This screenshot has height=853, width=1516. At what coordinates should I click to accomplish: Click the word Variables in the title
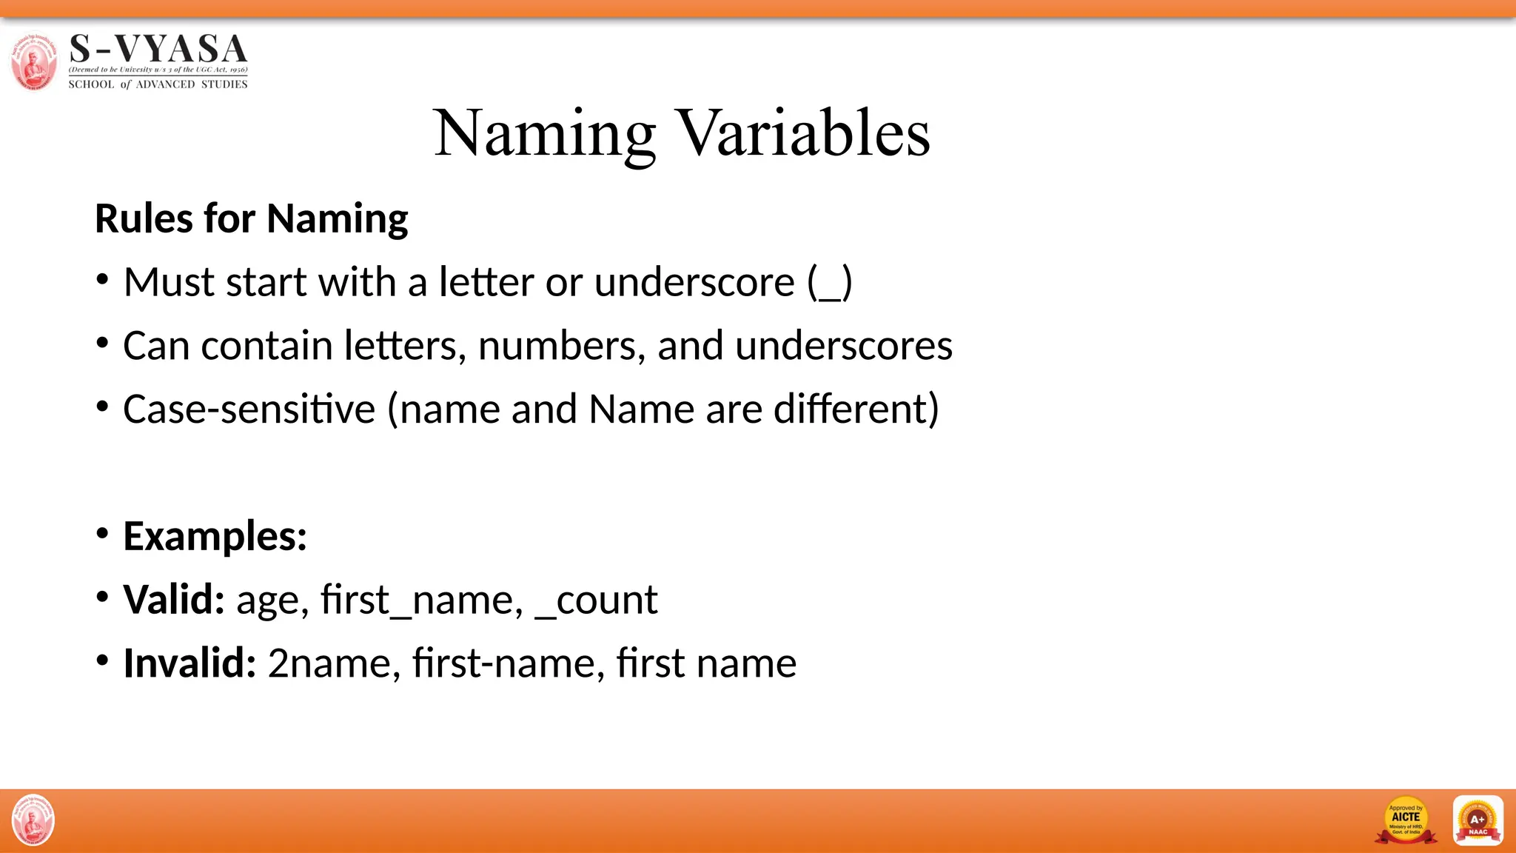click(804, 133)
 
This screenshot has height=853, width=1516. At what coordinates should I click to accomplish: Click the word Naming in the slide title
click(544, 133)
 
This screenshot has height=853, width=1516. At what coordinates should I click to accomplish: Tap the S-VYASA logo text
click(158, 50)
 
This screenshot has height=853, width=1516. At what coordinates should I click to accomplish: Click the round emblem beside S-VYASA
click(33, 61)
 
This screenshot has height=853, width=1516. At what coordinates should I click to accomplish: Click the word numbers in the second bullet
click(562, 346)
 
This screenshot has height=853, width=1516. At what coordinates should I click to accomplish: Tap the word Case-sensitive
click(249, 409)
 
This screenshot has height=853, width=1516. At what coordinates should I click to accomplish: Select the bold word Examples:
click(215, 536)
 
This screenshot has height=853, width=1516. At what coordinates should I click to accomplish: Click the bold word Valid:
click(174, 600)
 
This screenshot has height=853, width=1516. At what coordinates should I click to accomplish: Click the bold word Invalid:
click(189, 663)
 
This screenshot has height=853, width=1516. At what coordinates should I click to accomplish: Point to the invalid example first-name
click(504, 663)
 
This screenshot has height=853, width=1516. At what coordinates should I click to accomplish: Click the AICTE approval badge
click(1406, 820)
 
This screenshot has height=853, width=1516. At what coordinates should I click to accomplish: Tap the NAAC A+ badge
click(1478, 820)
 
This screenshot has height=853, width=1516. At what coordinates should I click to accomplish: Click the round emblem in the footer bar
click(33, 820)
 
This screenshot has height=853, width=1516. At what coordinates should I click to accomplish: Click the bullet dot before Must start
click(103, 281)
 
